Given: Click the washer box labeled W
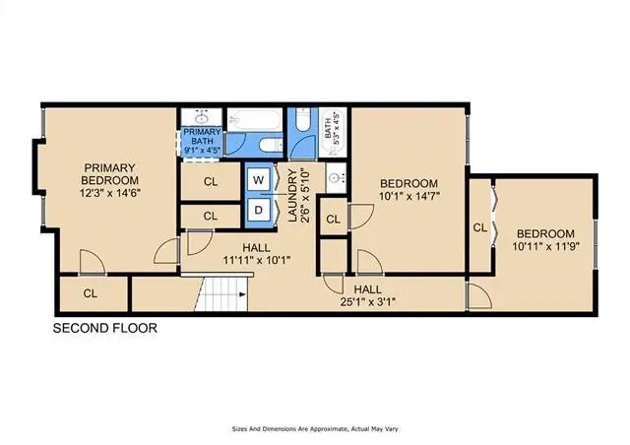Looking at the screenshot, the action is (x=258, y=180).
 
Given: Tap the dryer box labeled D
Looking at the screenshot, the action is (x=258, y=210).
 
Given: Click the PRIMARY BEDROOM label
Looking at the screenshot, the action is (x=109, y=173).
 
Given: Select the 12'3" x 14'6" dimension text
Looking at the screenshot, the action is (x=109, y=193).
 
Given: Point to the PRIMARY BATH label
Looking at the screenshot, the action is (x=202, y=137).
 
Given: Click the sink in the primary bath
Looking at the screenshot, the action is (x=201, y=118).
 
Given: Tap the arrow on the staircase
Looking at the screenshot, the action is (x=242, y=294).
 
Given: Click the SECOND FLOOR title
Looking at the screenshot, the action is (x=105, y=328).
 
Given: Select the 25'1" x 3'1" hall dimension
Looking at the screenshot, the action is (x=368, y=301).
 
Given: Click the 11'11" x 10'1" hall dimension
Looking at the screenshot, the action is (x=256, y=261).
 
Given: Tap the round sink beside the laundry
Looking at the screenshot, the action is (x=335, y=177).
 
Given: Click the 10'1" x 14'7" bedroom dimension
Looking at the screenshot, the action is (x=409, y=196).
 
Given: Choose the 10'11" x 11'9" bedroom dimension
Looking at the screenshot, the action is (x=545, y=246).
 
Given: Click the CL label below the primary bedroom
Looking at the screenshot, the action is (x=91, y=293).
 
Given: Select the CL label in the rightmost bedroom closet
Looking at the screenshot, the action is (x=479, y=228).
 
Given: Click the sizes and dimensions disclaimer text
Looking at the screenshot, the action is (x=315, y=429).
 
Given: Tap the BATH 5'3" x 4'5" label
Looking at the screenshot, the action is (x=333, y=126).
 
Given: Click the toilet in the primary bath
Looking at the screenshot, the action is (x=272, y=145).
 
